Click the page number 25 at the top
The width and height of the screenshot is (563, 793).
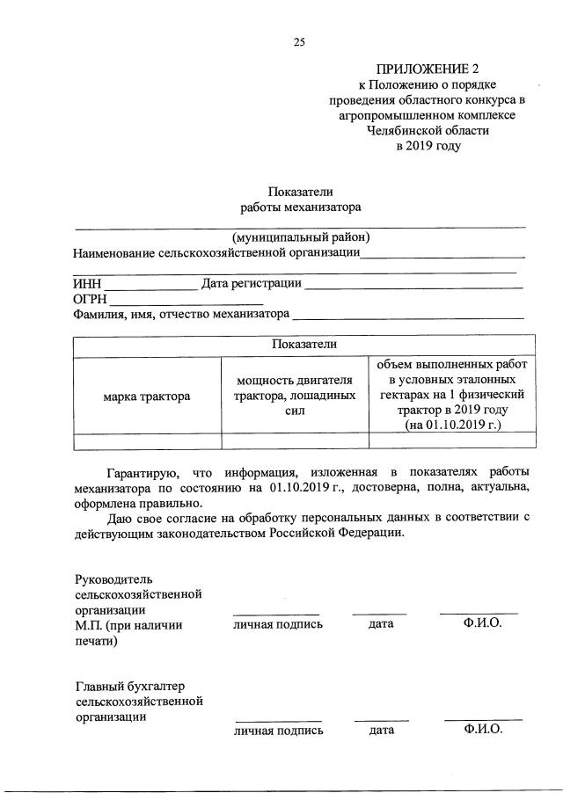click(x=299, y=41)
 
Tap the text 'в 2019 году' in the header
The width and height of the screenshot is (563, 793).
click(x=428, y=146)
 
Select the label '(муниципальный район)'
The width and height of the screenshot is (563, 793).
click(x=301, y=237)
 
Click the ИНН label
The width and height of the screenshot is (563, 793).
click(x=88, y=284)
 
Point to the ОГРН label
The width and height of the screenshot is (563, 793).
click(x=91, y=299)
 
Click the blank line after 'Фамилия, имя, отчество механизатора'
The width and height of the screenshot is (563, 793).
click(x=408, y=315)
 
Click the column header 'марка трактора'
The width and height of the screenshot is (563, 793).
click(x=147, y=396)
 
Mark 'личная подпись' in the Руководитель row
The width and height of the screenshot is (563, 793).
click(x=277, y=624)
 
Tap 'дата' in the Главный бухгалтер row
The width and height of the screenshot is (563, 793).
click(x=381, y=730)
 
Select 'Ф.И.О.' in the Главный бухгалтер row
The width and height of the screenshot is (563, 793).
click(x=483, y=729)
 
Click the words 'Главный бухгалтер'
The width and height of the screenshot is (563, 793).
click(x=129, y=686)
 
